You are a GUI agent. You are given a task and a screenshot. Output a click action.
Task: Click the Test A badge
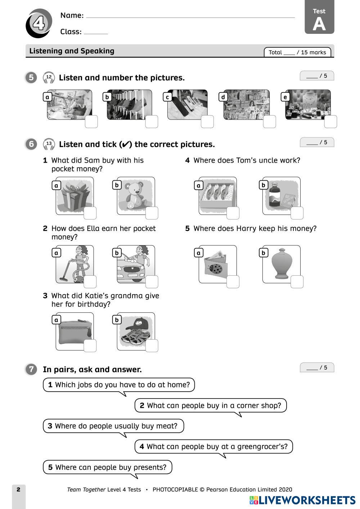pos(319,17)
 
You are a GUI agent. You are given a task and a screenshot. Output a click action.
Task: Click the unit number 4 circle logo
pos(39,24)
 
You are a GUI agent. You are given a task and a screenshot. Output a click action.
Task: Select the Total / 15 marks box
pos(297,52)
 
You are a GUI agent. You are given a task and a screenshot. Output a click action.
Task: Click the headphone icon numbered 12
pos(49,77)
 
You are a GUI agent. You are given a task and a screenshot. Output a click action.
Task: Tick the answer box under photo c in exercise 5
pos(207,122)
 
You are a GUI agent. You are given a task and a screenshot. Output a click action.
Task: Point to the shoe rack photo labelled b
pos(129,104)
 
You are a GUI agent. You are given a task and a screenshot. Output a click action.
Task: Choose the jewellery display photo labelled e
pos(307,104)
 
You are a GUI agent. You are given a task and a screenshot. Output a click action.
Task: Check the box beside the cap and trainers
pos(152,346)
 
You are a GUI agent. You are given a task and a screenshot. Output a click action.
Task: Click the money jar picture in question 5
pos(281,264)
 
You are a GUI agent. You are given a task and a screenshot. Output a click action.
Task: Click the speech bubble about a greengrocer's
pos(213,447)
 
